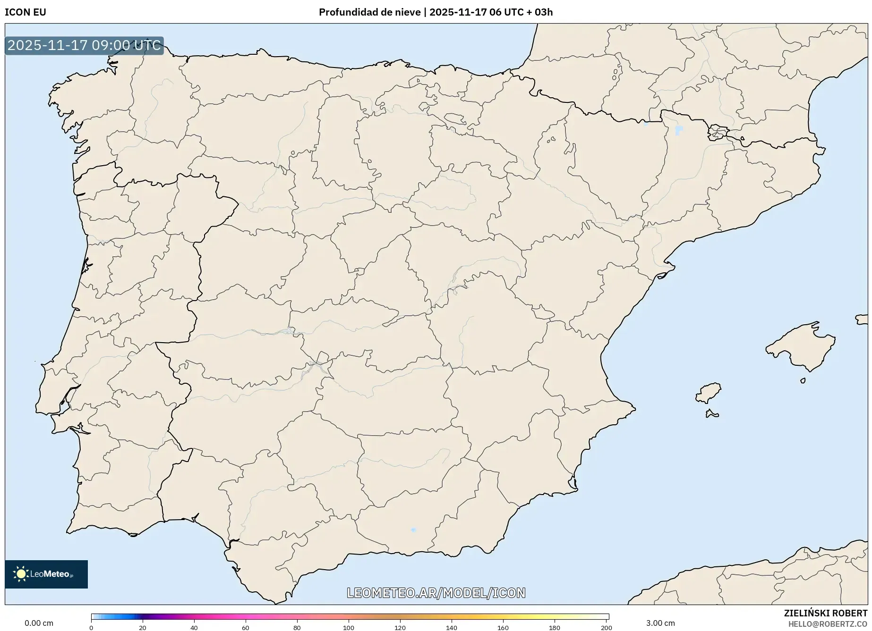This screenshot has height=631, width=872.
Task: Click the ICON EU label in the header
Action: [x=26, y=12]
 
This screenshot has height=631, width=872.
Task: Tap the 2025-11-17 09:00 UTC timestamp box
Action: [x=84, y=46]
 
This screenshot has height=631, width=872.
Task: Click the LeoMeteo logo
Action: [x=46, y=574]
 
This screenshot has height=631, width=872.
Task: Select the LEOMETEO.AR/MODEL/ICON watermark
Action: [x=436, y=593]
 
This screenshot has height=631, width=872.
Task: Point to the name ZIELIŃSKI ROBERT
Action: [x=826, y=613]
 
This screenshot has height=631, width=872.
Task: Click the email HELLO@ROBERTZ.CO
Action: [x=828, y=624]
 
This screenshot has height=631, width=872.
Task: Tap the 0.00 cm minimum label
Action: [x=39, y=623]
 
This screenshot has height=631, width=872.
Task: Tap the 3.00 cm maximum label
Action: [x=660, y=623]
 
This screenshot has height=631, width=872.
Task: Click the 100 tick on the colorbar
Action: [x=349, y=627]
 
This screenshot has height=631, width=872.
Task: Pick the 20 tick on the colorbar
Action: [x=143, y=627]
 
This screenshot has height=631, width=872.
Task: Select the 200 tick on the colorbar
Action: [x=607, y=627]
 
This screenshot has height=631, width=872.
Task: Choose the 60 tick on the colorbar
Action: [x=246, y=627]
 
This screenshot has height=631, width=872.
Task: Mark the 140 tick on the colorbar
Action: [x=452, y=627]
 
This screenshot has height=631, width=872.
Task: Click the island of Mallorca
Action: [x=803, y=347]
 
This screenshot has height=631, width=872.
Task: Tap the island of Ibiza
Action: [x=709, y=392]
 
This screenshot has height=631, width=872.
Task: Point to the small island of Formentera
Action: [x=711, y=414]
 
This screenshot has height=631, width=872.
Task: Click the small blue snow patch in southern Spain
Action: [x=413, y=530]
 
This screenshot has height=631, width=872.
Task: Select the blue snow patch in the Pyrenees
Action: [x=679, y=130]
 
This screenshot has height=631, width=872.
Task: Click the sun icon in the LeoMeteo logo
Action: [x=21, y=574]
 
